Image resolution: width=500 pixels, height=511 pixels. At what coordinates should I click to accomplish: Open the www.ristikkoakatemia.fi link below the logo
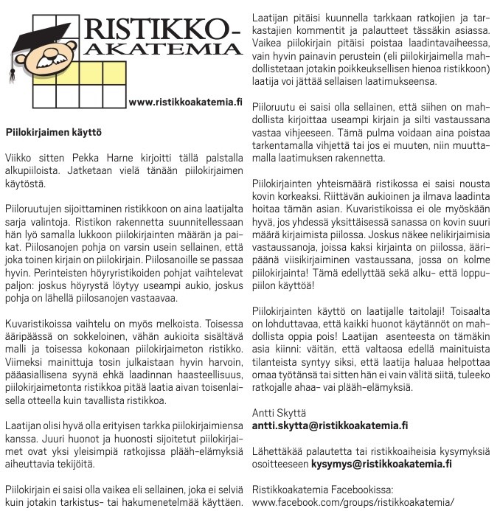pyautogui.click(x=185, y=102)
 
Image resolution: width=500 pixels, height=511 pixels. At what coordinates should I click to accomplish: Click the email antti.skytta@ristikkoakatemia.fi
pyautogui.click(x=330, y=425)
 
